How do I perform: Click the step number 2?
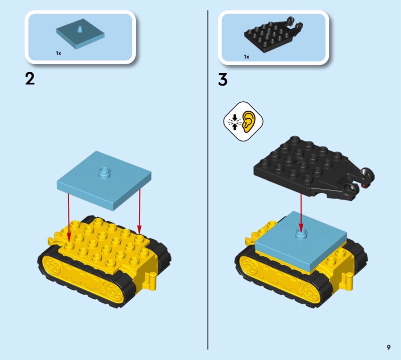[30, 79]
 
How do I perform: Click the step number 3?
[223, 80]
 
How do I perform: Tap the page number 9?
[388, 347]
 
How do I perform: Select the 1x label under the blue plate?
[59, 53]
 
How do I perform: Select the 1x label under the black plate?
[247, 57]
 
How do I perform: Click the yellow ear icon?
[249, 121]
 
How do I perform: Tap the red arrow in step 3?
[301, 213]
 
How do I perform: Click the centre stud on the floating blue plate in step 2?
[104, 172]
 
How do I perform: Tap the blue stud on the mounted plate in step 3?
[301, 234]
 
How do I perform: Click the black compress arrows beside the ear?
[234, 121]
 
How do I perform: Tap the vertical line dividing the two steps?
[208, 180]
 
